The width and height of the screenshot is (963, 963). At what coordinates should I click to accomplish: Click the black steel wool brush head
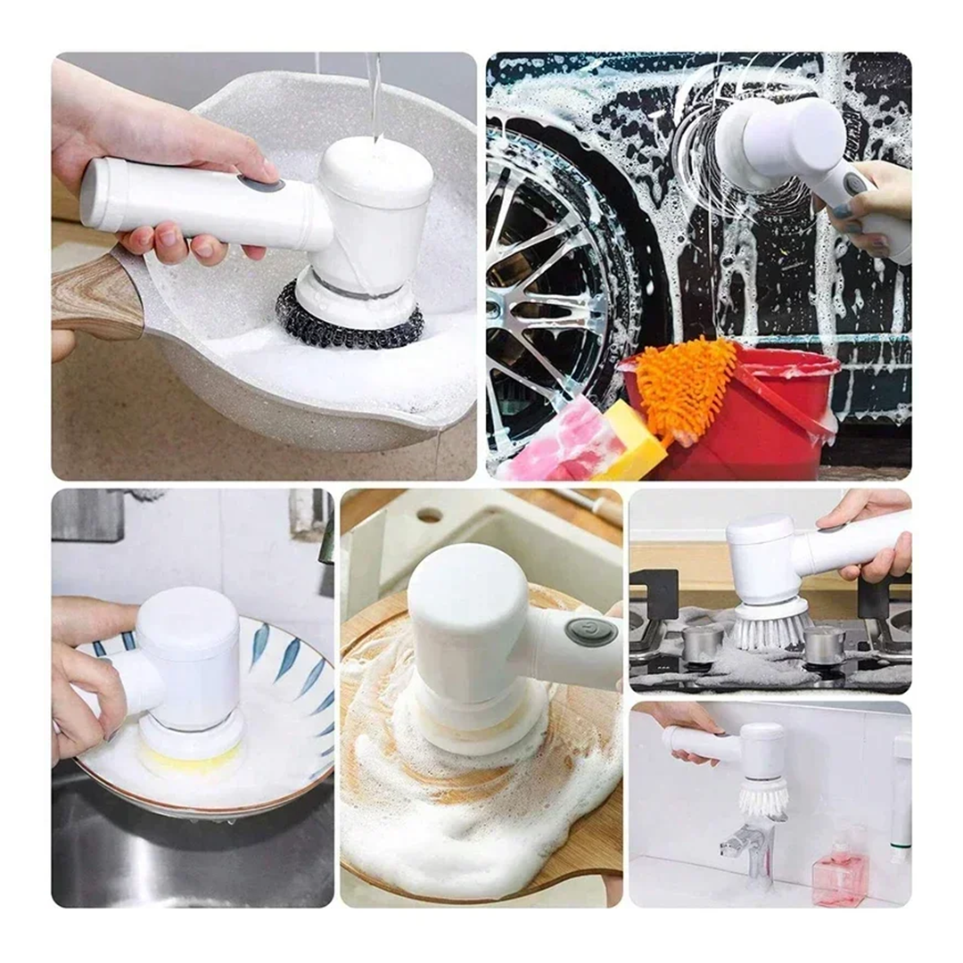point(348,321)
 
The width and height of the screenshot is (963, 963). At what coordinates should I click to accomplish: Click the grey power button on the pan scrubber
point(261,184)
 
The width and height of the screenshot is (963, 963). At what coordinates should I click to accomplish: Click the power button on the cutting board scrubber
point(590,631)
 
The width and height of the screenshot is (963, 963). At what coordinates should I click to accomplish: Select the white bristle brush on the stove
point(771,629)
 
